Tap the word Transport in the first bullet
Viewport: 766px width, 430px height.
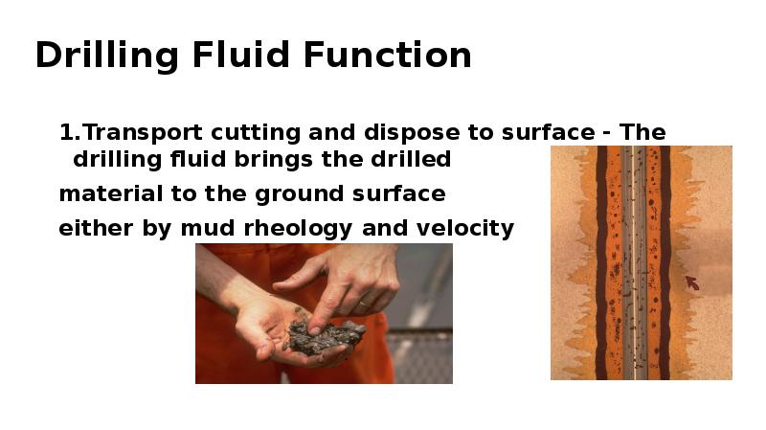pos(138,132)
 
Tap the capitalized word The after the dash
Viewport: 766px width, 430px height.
pos(642,132)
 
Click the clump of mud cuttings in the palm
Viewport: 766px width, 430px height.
pos(326,336)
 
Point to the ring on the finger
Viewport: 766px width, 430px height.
pos(365,303)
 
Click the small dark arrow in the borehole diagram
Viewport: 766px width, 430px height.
pos(692,283)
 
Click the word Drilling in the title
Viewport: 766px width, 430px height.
pos(107,56)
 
